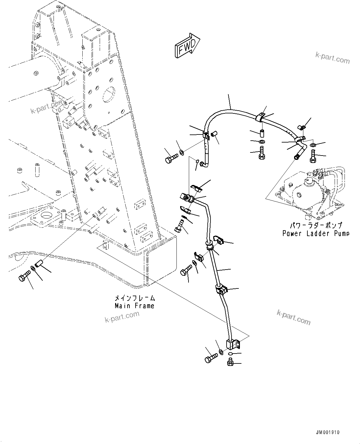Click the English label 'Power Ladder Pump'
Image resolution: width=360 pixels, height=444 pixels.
315,233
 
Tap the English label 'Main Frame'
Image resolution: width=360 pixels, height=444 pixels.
134,306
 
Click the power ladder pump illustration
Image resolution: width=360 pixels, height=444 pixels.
310,192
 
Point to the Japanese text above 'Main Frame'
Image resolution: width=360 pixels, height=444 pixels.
134,298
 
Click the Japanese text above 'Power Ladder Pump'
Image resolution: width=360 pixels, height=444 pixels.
315,225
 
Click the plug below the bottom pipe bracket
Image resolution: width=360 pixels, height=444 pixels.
230,362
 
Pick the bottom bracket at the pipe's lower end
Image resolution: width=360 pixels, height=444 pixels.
233,344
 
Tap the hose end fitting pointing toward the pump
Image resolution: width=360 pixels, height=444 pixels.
298,156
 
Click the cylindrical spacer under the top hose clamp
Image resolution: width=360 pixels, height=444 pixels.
262,134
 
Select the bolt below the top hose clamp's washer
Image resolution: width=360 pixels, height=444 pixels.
262,154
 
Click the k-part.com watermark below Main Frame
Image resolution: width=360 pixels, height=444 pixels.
122,317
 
